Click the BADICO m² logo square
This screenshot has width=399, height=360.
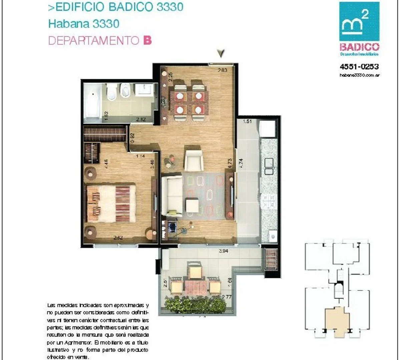click(x=359, y=21)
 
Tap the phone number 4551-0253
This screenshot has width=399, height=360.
click(x=359, y=67)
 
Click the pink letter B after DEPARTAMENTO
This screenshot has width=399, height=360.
click(x=147, y=41)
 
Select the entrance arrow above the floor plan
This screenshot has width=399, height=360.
click(x=221, y=53)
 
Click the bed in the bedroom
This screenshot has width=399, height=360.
click(x=111, y=203)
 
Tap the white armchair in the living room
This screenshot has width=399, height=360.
click(x=193, y=160)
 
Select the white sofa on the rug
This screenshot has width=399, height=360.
click(x=171, y=196)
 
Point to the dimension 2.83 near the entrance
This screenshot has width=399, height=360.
click(x=222, y=70)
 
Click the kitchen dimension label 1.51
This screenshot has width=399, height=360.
click(x=247, y=121)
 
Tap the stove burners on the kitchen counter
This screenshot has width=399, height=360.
click(x=269, y=200)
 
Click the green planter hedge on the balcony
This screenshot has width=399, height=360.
click(x=195, y=305)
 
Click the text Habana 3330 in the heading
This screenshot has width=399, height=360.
click(x=84, y=24)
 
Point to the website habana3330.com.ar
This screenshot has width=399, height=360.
click(x=359, y=75)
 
